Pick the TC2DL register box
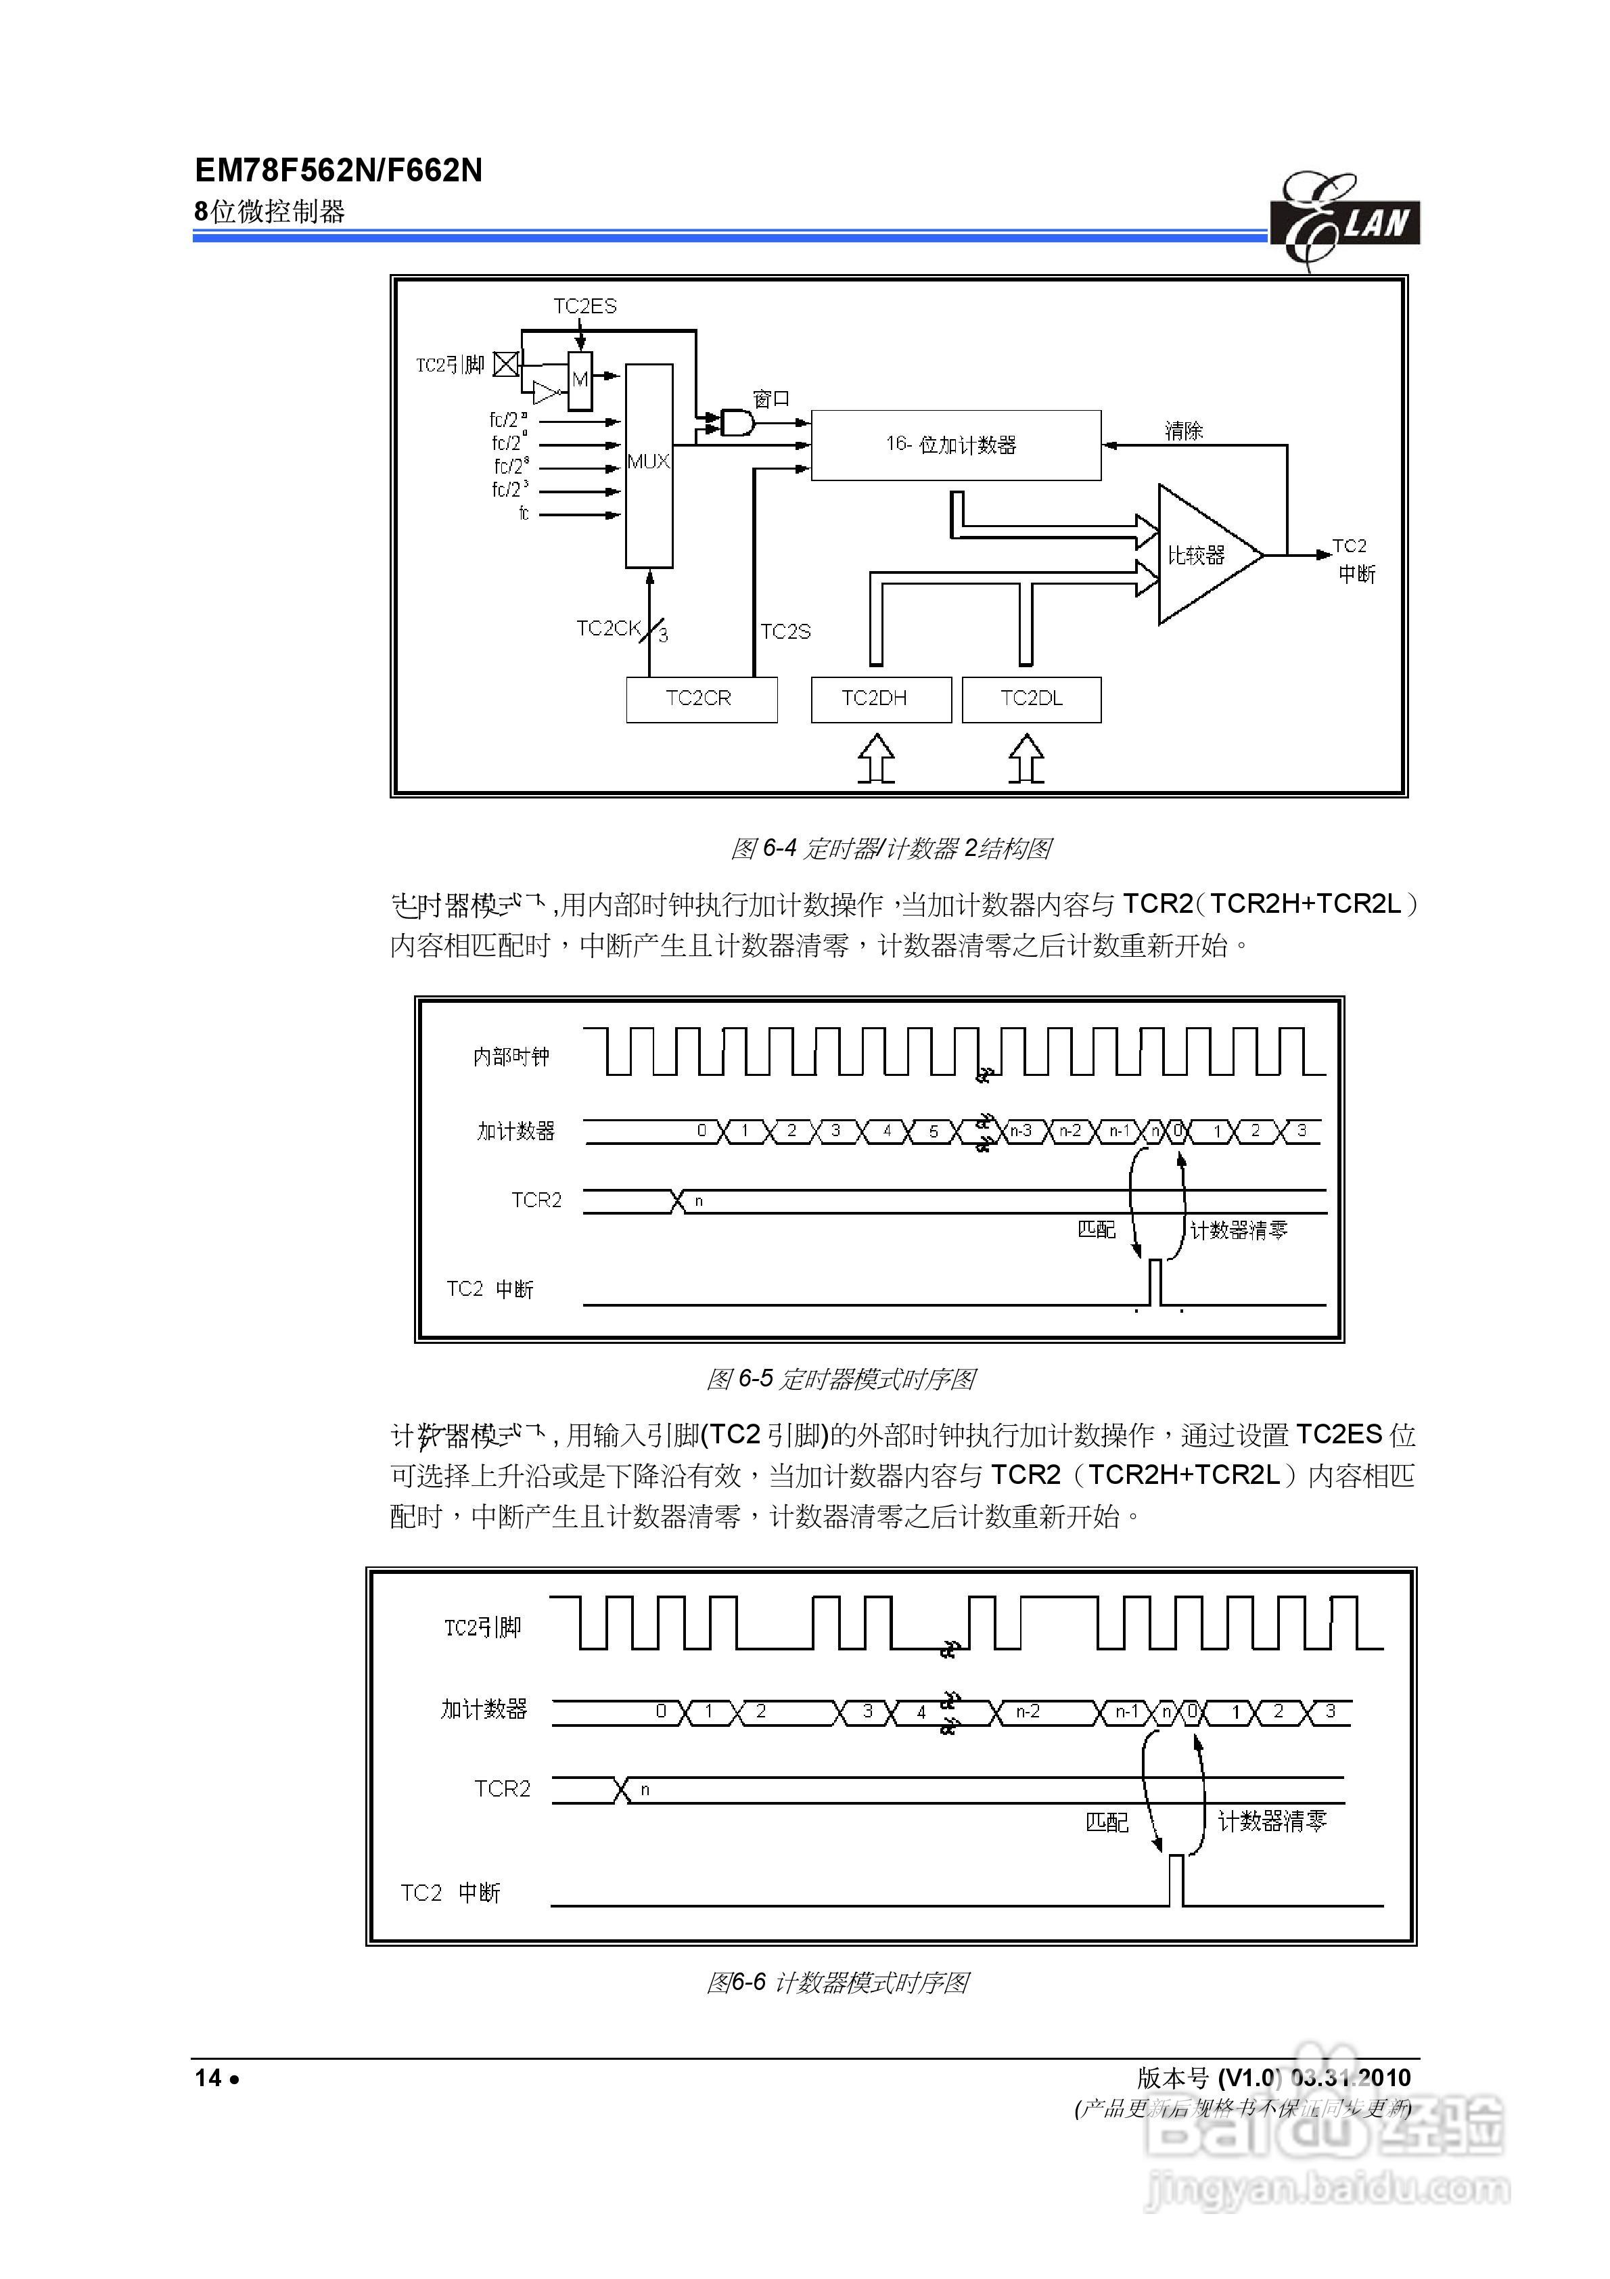coord(1032,699)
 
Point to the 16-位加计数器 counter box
coord(955,445)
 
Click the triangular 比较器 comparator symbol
coord(1203,555)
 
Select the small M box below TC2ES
coord(580,379)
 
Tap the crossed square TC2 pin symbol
coord(506,365)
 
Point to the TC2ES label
coord(584,306)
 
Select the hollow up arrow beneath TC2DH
coord(875,759)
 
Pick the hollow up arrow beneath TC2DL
coord(1026,759)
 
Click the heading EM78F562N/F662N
coord(338,171)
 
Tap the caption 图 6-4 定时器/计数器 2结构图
coord(890,849)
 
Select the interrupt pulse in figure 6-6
coord(1176,1880)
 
